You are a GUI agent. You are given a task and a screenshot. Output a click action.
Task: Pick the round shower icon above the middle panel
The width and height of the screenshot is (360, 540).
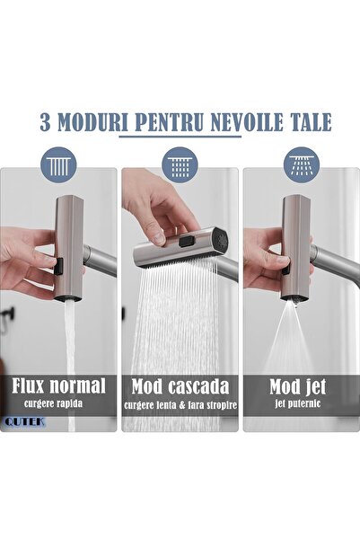pyautogui.click(x=179, y=164)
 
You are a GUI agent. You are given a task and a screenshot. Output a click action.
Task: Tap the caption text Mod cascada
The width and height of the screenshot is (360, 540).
pyautogui.click(x=180, y=386)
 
